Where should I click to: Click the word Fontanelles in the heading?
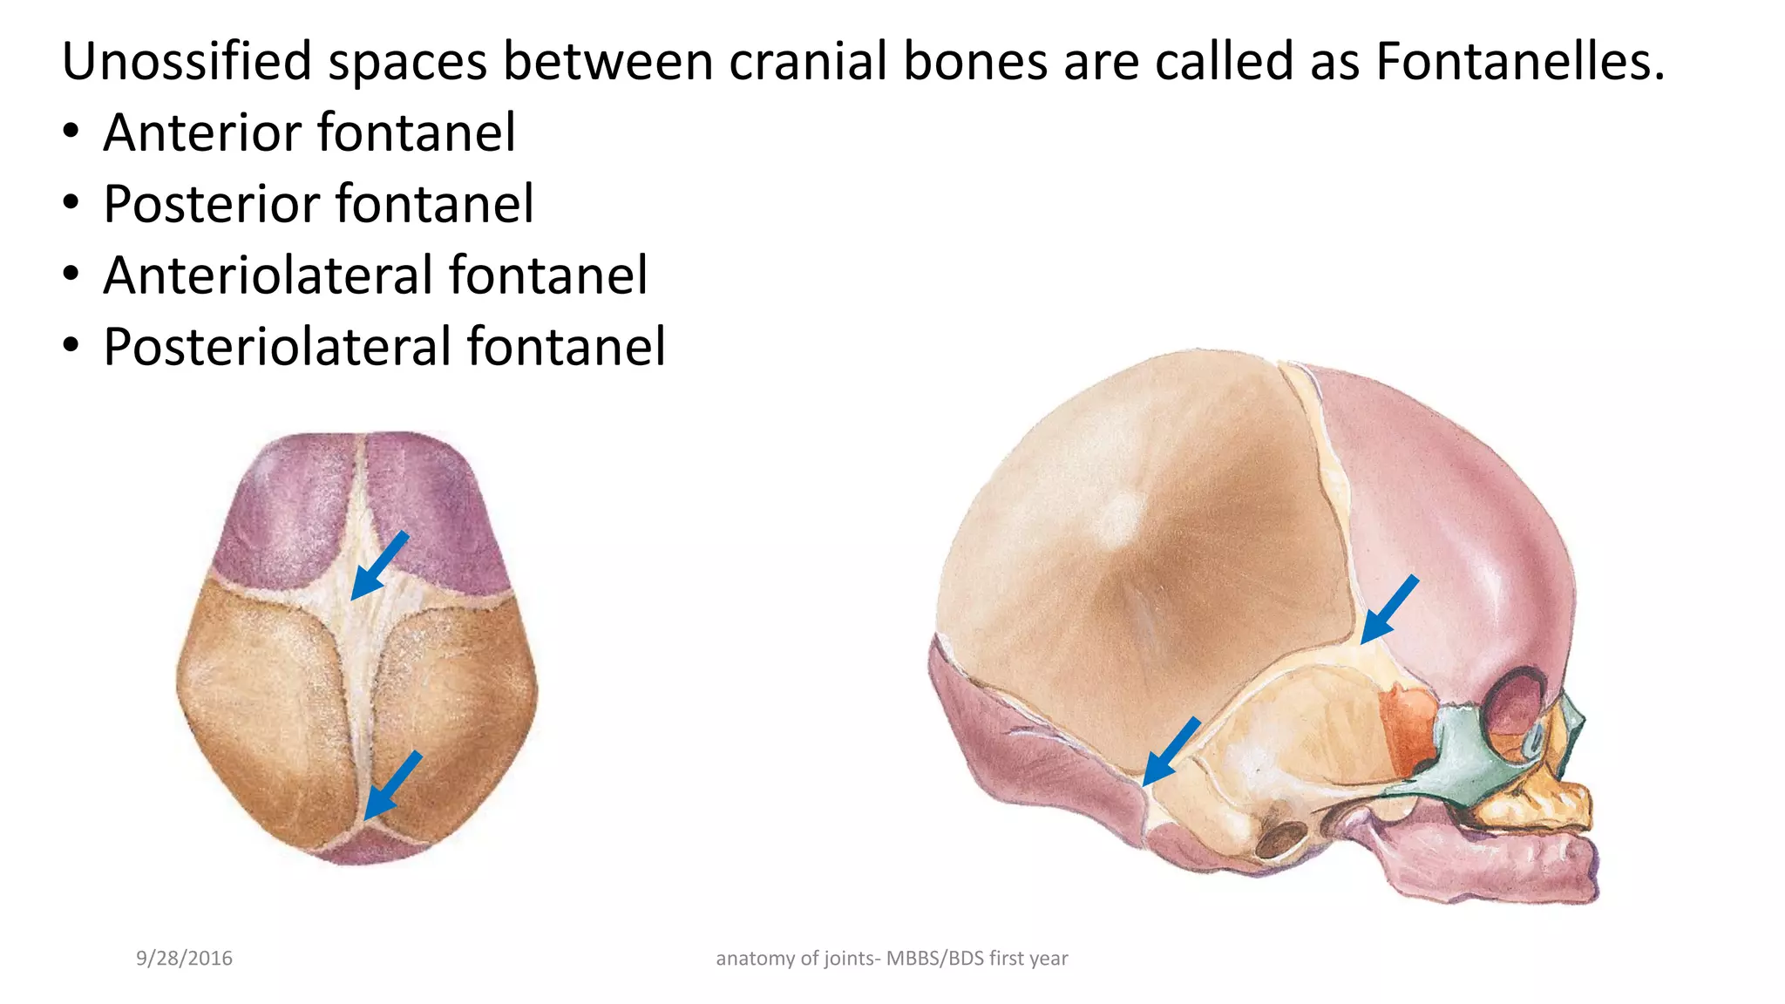coord(1520,61)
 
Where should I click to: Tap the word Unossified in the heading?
coord(187,61)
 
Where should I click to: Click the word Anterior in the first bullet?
coord(202,132)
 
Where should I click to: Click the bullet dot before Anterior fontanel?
coord(71,133)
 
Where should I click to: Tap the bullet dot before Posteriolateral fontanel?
coord(71,348)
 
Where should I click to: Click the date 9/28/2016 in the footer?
coord(184,959)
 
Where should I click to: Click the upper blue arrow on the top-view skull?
coord(378,566)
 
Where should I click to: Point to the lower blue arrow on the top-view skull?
coord(392,785)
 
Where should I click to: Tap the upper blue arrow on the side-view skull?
coord(1388,609)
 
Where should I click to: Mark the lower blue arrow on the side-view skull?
coord(1171,751)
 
